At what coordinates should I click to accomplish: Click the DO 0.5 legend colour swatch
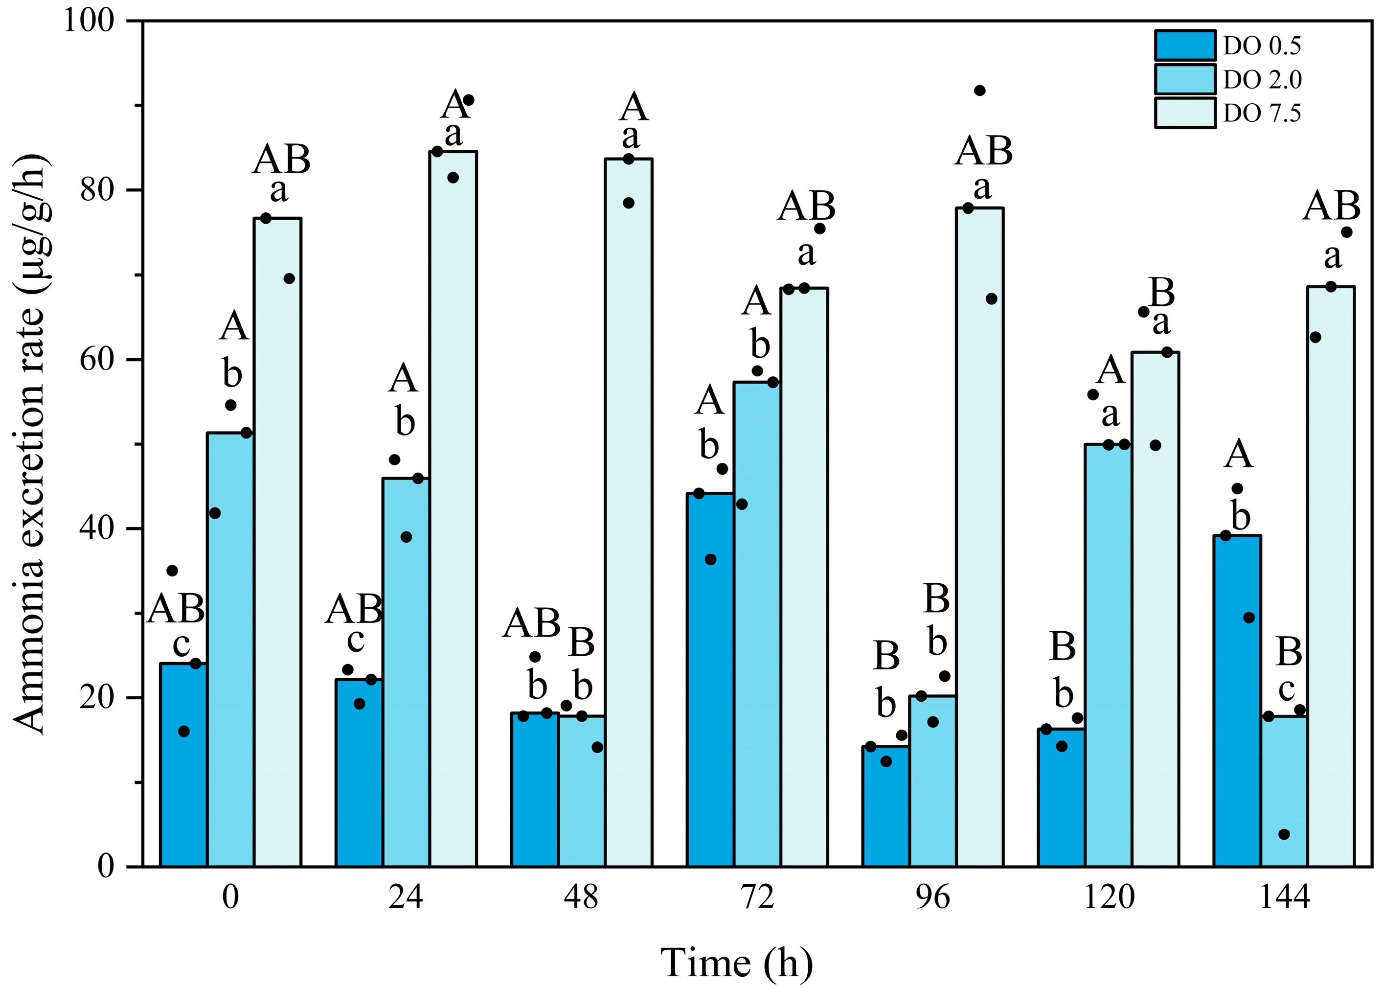[1184, 46]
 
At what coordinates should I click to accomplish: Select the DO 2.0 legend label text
[1262, 80]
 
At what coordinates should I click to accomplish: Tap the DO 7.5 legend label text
[1262, 114]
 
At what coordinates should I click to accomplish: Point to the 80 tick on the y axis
[97, 190]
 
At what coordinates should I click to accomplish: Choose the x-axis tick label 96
[932, 897]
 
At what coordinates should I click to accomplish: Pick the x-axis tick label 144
[1284, 897]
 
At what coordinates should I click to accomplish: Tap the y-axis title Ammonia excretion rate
[29, 444]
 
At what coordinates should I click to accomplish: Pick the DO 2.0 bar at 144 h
[1284, 791]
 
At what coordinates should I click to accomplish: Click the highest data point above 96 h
[979, 91]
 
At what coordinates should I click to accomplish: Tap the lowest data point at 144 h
[1284, 834]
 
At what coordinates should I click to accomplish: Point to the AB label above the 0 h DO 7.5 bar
[281, 160]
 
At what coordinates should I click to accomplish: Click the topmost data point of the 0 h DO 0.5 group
[172, 571]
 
